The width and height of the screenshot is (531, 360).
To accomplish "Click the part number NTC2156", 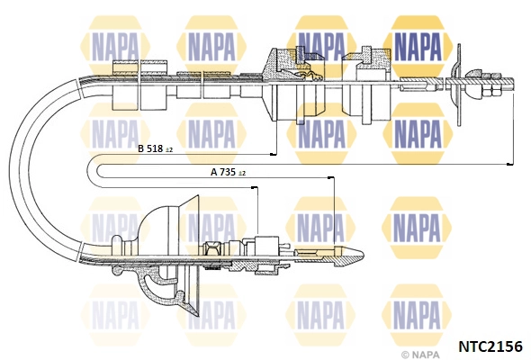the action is click(x=490, y=346).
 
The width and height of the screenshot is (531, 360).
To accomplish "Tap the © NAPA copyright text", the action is click(x=420, y=355).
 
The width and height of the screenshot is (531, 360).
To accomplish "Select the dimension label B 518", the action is click(x=150, y=148).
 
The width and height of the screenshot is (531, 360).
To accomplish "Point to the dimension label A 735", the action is click(x=223, y=172).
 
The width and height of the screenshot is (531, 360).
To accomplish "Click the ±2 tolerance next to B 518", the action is click(x=169, y=149).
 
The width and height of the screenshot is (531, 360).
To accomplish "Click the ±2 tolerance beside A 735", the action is click(x=242, y=173).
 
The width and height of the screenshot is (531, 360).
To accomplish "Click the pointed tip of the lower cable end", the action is click(x=363, y=253).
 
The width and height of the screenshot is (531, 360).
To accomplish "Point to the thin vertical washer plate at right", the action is click(x=459, y=85).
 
